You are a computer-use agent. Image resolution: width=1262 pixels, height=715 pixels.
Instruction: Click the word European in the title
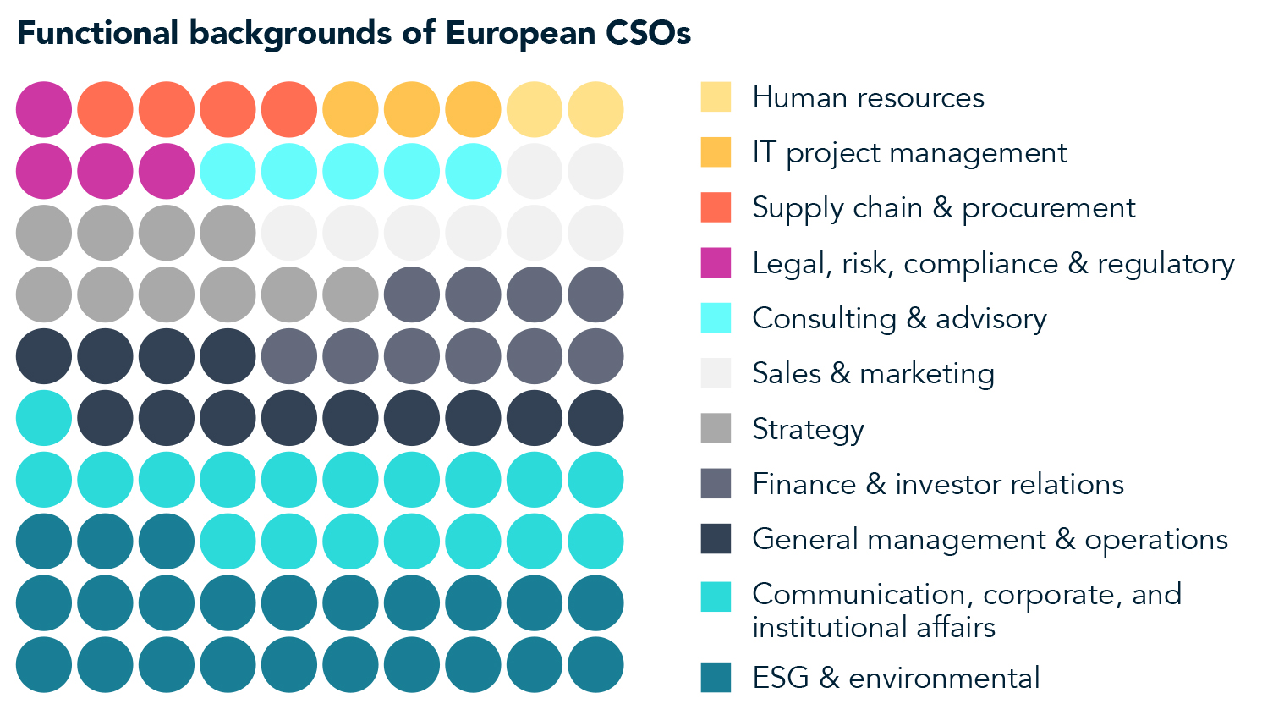coord(521,34)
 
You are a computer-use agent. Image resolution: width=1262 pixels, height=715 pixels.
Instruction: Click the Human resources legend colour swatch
coord(716,97)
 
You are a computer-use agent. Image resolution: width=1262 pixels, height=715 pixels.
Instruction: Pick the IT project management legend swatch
coord(716,152)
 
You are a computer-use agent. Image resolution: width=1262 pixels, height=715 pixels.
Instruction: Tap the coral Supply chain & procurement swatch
coord(716,207)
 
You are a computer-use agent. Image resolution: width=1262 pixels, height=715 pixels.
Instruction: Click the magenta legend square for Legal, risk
coord(716,263)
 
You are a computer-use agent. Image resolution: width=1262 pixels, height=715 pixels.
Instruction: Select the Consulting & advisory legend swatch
coord(716,318)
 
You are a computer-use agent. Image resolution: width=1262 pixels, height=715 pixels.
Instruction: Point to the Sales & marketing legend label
coord(873,373)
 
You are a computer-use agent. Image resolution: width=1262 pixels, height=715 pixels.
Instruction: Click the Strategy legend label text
coord(808,429)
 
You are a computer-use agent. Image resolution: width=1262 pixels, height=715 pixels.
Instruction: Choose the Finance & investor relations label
coord(937,484)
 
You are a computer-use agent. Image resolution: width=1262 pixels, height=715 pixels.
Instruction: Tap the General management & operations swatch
coord(716,539)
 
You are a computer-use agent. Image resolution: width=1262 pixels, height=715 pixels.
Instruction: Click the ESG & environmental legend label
coord(896,678)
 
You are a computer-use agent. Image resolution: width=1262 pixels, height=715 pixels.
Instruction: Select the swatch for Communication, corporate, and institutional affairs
coord(716,597)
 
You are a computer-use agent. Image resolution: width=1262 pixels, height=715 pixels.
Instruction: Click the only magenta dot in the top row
coord(43,109)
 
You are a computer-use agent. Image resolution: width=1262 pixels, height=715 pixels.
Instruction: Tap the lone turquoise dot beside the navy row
coord(43,418)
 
